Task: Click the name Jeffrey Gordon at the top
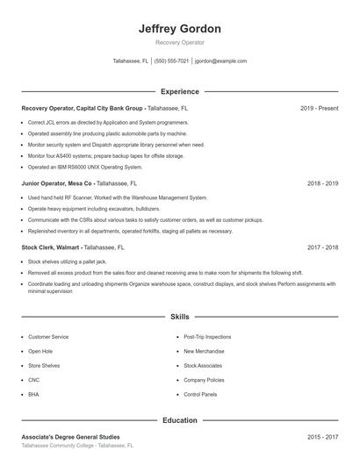click(179, 28)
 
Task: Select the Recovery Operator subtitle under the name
click(179, 42)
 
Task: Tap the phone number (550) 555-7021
click(171, 61)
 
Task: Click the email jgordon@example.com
click(220, 61)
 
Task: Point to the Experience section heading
click(179, 91)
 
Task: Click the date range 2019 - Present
click(319, 108)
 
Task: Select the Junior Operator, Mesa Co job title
click(57, 184)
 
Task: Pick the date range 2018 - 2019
click(322, 184)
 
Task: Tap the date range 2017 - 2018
click(322, 248)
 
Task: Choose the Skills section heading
click(179, 316)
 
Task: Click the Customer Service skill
click(48, 337)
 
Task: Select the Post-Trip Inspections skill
click(207, 337)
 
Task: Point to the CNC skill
click(33, 380)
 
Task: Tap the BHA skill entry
click(33, 395)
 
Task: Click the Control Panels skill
click(200, 395)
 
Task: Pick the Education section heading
click(179, 420)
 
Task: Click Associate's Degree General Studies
click(70, 437)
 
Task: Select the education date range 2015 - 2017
click(322, 437)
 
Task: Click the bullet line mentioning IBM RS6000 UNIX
click(85, 167)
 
